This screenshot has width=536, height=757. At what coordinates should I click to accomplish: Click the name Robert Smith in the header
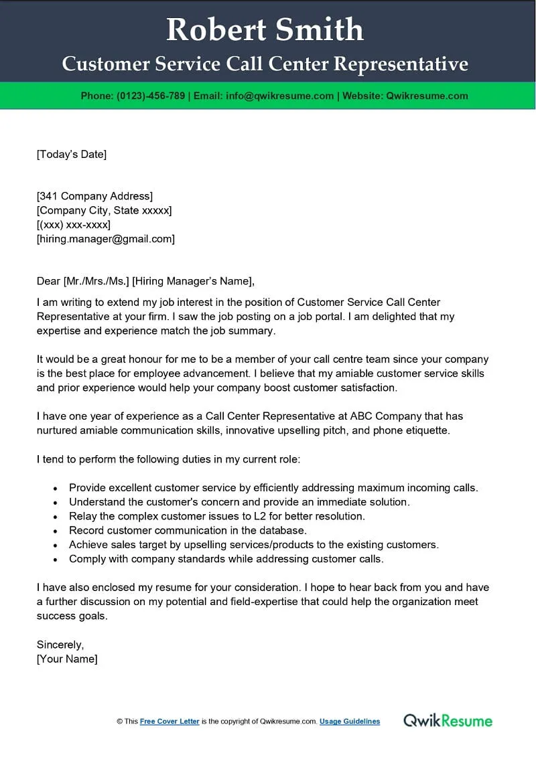point(265,30)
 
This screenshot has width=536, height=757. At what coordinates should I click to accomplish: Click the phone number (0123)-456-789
point(151,96)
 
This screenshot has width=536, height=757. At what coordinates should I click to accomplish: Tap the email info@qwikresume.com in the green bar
point(279,96)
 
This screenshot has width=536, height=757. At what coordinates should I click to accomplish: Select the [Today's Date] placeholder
point(72,155)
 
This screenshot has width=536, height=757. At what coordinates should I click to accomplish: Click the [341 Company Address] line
point(94,196)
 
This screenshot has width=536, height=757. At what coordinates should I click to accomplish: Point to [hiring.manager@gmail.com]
point(105,238)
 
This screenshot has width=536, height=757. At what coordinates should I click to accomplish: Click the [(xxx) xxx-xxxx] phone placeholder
point(74,224)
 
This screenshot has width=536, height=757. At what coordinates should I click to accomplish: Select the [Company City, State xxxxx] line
point(104,210)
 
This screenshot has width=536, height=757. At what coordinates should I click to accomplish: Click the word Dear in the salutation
point(48,280)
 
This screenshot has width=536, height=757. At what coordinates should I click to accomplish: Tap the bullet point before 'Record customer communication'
point(54,531)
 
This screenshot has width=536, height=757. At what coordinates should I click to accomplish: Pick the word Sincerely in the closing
point(60,645)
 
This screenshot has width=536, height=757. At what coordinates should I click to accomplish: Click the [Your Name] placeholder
point(67,659)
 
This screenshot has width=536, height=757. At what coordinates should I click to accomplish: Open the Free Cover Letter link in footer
point(170,722)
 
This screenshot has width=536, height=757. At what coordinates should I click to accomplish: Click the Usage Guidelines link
point(350,722)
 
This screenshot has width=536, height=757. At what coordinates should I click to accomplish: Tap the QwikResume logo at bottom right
point(448,721)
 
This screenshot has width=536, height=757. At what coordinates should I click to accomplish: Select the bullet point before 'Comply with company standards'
point(54,559)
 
